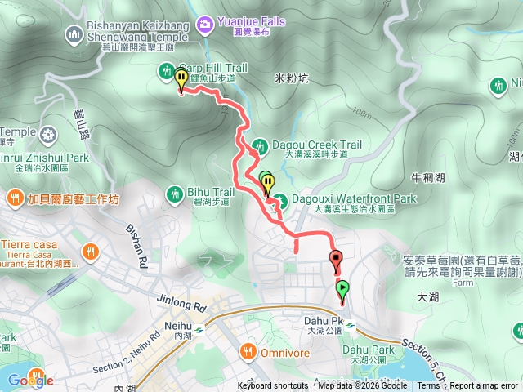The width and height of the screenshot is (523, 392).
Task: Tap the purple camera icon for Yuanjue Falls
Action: click(x=203, y=22)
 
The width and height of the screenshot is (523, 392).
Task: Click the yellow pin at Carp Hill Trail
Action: click(x=181, y=79)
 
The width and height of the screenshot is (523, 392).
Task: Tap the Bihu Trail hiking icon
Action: click(x=174, y=193)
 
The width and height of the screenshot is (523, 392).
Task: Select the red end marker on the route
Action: click(x=336, y=261)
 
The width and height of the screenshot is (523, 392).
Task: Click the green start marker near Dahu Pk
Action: click(x=342, y=289)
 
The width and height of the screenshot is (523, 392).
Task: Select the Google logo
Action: click(x=30, y=380)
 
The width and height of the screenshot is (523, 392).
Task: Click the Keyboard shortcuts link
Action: click(x=273, y=386)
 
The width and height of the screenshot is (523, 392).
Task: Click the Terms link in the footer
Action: click(x=428, y=386)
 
